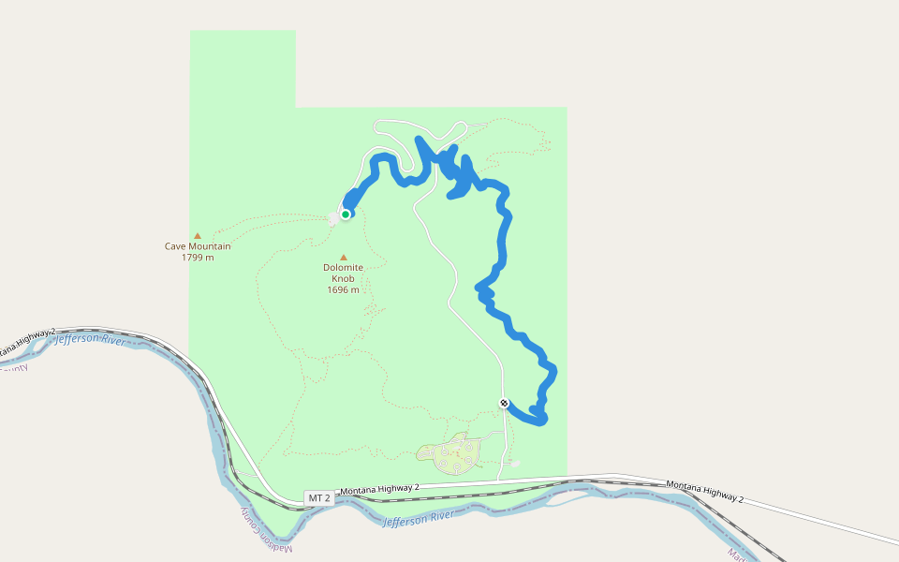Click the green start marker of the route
(346, 214)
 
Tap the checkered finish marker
(505, 403)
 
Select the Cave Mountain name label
(198, 246)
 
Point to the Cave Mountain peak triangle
(198, 236)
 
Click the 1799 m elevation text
(198, 258)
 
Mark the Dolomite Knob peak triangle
(344, 257)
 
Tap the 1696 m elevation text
(344, 290)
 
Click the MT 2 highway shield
(319, 498)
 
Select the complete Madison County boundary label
(266, 529)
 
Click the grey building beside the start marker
(334, 219)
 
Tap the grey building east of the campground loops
(514, 463)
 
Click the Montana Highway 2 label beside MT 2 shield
(379, 490)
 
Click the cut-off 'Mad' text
(736, 555)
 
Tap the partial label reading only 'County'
(13, 368)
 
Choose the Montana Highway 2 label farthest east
(704, 492)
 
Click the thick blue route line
(504, 244)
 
